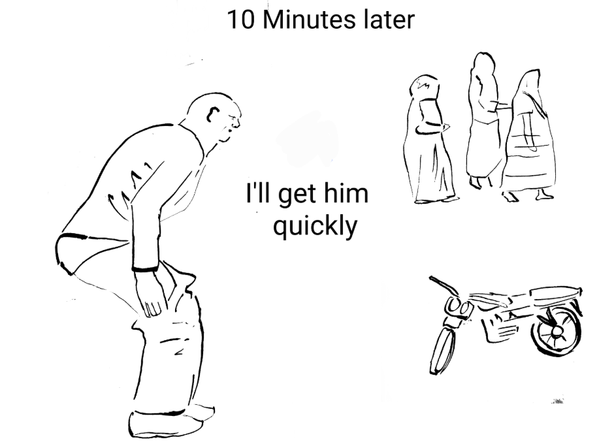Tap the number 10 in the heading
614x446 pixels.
click(x=240, y=20)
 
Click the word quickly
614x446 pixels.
click(x=315, y=227)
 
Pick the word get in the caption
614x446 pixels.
click(x=297, y=195)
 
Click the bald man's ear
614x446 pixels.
click(x=213, y=114)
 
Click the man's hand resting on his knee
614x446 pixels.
click(x=150, y=295)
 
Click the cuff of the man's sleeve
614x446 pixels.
click(x=145, y=268)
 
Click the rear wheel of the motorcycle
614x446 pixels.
click(x=557, y=331)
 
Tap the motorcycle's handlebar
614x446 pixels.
click(x=445, y=285)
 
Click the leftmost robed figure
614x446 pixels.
click(x=428, y=139)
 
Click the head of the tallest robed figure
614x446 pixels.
click(x=484, y=63)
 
